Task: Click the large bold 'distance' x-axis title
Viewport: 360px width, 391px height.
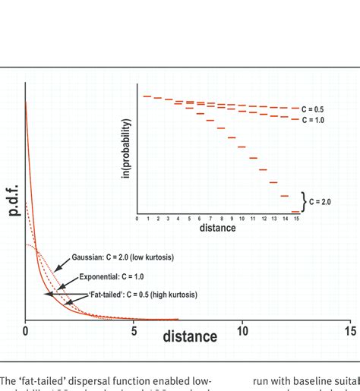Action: (189, 336)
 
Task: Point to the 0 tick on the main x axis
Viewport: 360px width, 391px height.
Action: (26, 331)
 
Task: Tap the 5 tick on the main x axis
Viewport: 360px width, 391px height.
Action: (134, 331)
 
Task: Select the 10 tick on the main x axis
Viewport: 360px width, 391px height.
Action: (242, 331)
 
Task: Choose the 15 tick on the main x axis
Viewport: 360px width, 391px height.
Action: (350, 331)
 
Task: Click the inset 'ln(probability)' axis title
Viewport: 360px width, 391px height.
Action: (130, 152)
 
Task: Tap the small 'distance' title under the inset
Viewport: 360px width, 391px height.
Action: (217, 228)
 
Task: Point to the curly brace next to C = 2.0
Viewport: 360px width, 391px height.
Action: (305, 201)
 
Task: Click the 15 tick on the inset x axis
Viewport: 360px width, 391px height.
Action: (295, 219)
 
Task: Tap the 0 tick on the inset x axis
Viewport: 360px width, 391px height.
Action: (137, 219)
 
